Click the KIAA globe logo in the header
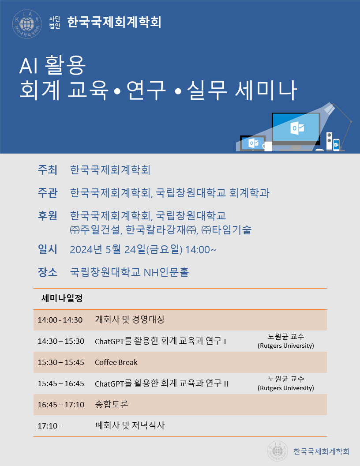click(x=27, y=24)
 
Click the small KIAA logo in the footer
click(x=278, y=451)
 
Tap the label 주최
click(x=48, y=170)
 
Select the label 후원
click(x=48, y=215)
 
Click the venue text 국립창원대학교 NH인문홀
click(x=129, y=272)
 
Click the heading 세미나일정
click(x=62, y=298)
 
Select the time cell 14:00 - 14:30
click(x=60, y=320)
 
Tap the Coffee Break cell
click(x=116, y=362)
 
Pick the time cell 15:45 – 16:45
click(x=61, y=383)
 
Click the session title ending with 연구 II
click(x=161, y=383)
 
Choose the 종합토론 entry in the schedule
click(x=111, y=404)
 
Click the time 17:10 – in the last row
click(x=50, y=426)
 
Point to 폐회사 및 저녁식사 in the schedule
click(x=130, y=425)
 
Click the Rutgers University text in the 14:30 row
click(x=286, y=346)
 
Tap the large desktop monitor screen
click(x=296, y=128)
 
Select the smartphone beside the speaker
click(x=336, y=145)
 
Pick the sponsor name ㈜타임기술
click(x=226, y=230)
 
